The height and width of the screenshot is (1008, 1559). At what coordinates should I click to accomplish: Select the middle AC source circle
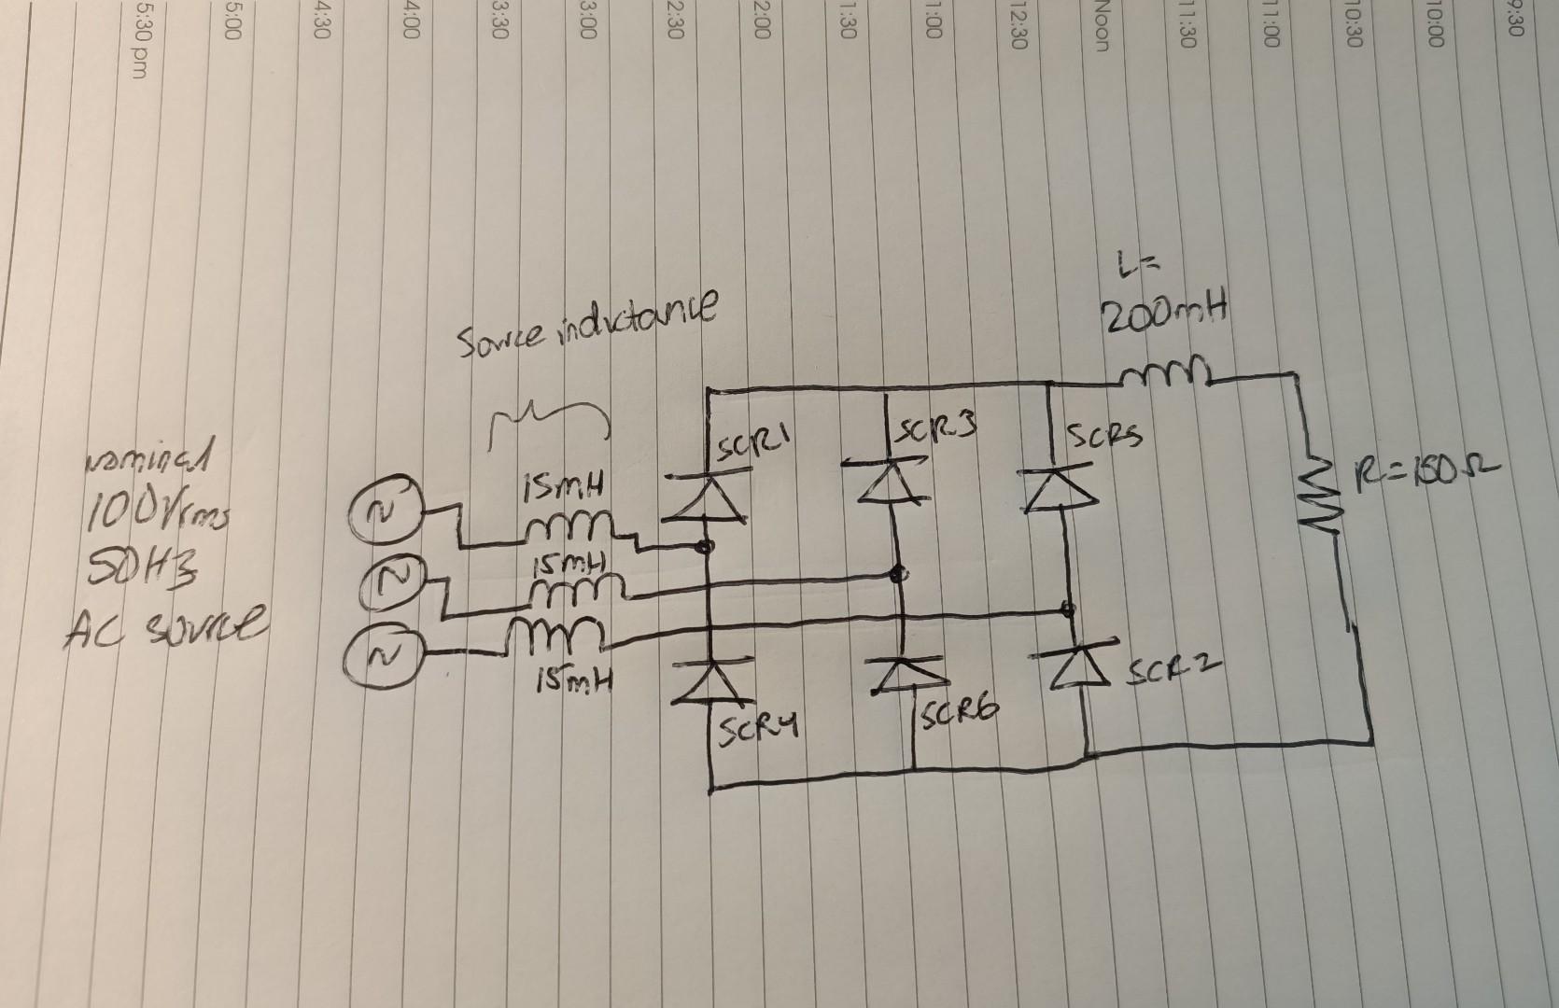387,585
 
